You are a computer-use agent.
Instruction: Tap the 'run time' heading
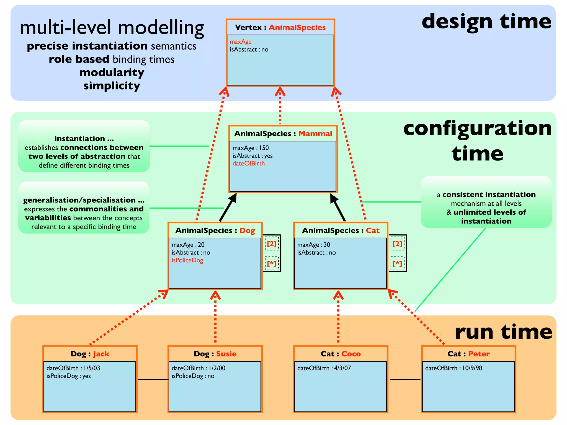tap(503, 332)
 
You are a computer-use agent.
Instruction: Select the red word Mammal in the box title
tap(315, 134)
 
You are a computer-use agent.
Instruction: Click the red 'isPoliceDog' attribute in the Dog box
tap(187, 260)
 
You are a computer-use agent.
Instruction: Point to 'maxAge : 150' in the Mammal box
tap(251, 148)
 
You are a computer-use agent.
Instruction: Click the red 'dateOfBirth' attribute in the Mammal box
tap(248, 164)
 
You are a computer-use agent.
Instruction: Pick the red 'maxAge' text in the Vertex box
tap(241, 42)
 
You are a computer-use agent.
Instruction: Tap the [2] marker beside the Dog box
tap(272, 244)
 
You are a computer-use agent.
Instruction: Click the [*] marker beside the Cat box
tap(397, 264)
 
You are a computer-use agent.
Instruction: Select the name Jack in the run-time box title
tap(101, 354)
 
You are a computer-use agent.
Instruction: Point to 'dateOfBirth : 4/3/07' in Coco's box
tap(324, 368)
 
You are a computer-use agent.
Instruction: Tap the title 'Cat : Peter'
tap(468, 354)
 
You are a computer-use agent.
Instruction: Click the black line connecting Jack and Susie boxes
tap(153, 380)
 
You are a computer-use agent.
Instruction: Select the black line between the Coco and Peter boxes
tap(405, 380)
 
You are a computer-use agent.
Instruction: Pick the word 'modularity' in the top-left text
tap(112, 72)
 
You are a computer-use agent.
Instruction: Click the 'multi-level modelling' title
tap(112, 28)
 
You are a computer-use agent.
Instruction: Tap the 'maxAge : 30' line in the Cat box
tap(313, 245)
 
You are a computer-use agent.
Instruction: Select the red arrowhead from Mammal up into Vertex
tap(280, 92)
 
